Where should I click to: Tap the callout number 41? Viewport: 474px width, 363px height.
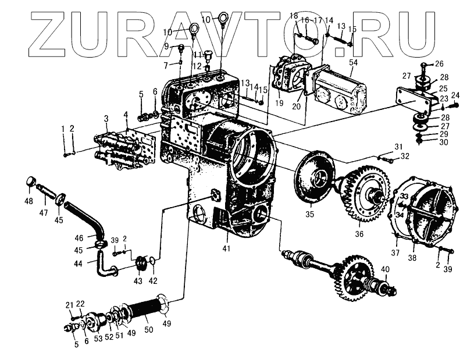point(226,248)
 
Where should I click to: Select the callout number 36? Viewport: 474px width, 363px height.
point(359,234)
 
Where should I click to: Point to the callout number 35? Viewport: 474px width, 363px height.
point(310,214)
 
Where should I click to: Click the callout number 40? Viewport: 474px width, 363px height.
point(384,269)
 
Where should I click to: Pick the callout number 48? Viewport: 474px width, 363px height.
point(28,202)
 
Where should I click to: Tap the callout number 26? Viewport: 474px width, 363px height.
point(439,64)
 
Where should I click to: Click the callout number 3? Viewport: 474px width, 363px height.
point(106,119)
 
